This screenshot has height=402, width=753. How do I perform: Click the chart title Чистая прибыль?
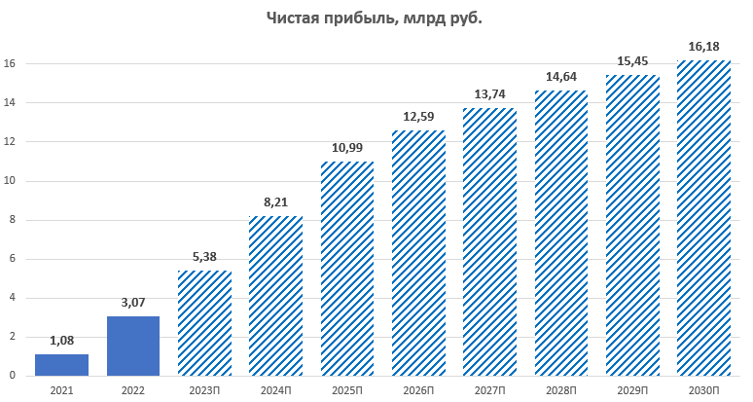point(376,18)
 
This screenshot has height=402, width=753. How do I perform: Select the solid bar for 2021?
point(61,365)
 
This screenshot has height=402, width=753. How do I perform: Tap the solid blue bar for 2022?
point(133,346)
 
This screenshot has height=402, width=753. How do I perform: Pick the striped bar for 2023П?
point(204,323)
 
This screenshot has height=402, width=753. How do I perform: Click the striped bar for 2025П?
point(347,269)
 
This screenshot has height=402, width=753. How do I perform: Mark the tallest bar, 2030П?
point(703,218)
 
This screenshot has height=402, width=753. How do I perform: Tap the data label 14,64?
point(560,78)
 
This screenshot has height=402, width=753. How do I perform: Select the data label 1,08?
point(61,342)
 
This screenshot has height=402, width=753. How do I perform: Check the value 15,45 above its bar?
point(632,61)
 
